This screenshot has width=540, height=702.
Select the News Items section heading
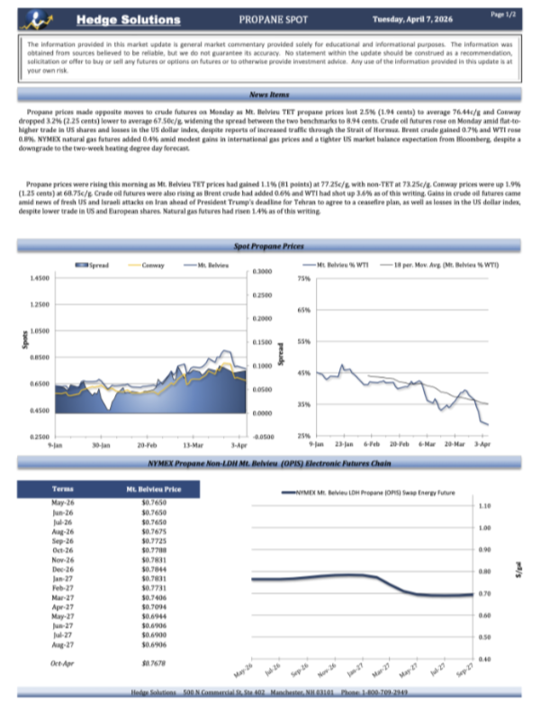click(x=269, y=94)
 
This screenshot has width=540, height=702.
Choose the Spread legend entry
click(x=94, y=266)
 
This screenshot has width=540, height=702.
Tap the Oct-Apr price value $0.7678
click(x=154, y=663)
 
